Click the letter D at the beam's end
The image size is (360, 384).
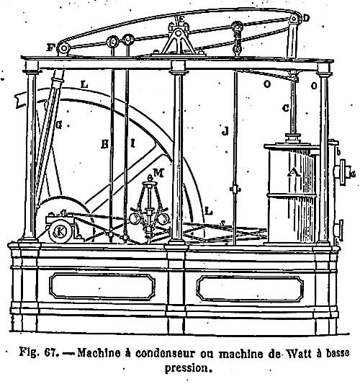(306, 18)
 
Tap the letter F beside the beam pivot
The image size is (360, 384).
(50, 48)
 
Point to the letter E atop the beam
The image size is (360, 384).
(181, 19)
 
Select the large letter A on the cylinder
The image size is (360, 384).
(294, 173)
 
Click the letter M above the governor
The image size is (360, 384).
(158, 173)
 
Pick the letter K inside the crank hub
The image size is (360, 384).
(60, 231)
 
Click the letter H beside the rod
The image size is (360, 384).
(104, 144)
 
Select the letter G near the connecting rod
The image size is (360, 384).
(58, 125)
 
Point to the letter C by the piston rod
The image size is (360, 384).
(286, 108)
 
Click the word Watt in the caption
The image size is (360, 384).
(299, 353)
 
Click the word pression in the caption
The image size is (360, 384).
(187, 367)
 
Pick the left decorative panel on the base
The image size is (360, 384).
(102, 286)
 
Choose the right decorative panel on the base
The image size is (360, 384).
(250, 288)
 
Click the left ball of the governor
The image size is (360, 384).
(135, 218)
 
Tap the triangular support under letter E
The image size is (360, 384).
(179, 42)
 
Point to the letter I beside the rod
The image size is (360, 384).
(132, 143)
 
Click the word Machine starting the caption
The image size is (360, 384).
(99, 353)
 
